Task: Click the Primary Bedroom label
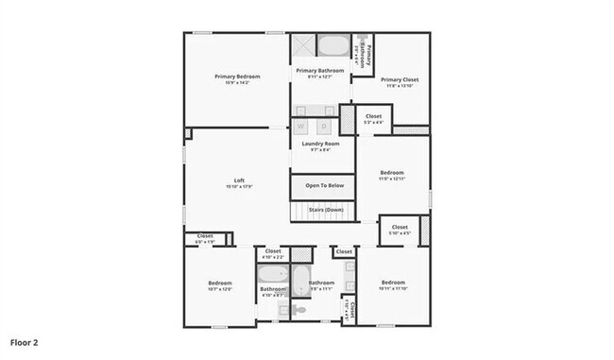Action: click(236, 77)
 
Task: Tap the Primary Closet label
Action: click(400, 80)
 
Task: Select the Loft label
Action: click(239, 180)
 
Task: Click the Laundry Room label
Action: click(320, 144)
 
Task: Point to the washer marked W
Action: click(301, 126)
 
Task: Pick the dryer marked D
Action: click(323, 126)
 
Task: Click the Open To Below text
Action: click(323, 186)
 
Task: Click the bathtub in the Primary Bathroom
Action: click(331, 45)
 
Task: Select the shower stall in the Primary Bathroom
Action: click(302, 47)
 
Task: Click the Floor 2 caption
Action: click(25, 340)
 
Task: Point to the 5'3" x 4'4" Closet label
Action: click(373, 117)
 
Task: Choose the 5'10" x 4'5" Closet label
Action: click(400, 228)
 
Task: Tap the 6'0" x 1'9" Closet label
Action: click(205, 236)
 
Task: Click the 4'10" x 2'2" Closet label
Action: click(272, 251)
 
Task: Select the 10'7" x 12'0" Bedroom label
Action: click(219, 283)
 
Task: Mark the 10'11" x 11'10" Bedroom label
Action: click(393, 283)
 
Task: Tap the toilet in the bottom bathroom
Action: click(300, 309)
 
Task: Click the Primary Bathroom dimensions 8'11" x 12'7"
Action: click(319, 77)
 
